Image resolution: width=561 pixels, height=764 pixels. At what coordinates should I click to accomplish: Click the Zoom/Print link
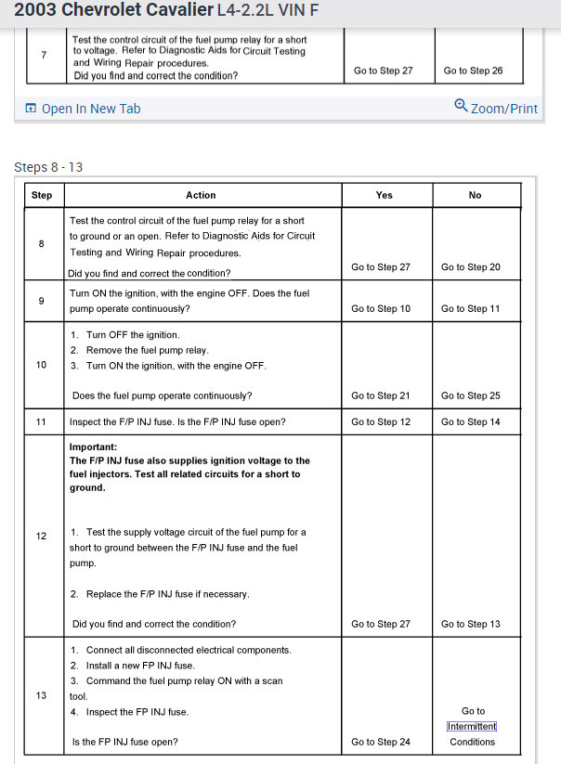[x=496, y=108]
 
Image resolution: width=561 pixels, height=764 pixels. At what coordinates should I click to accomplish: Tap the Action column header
[x=201, y=195]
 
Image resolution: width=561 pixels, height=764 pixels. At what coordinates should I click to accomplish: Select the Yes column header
[x=384, y=195]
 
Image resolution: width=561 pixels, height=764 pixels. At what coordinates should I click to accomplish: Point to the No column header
[x=475, y=195]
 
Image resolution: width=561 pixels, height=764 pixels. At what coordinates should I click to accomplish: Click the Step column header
[x=42, y=195]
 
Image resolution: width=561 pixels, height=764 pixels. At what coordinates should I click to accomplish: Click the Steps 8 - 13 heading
[x=48, y=167]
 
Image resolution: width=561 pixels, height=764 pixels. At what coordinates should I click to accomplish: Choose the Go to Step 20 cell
[x=470, y=267]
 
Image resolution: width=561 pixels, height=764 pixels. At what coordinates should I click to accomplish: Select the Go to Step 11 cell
[x=470, y=308]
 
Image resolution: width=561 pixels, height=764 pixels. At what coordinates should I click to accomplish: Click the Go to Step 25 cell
[x=470, y=395]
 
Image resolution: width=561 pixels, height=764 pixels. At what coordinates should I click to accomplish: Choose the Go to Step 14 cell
[x=470, y=422]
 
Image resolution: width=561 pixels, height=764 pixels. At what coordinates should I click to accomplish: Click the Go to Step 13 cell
[x=470, y=624]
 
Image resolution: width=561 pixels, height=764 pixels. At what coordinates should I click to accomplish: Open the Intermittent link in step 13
[x=472, y=726]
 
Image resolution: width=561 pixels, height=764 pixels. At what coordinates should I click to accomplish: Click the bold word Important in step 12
[x=91, y=447]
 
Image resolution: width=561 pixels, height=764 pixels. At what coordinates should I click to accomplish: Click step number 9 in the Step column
[x=42, y=301]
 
